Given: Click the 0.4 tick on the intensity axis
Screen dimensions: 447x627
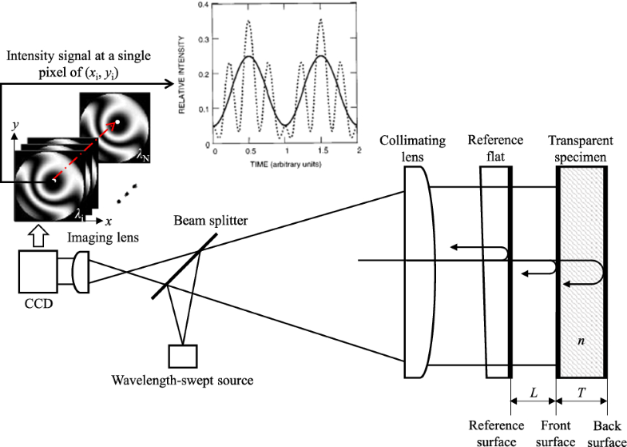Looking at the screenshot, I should [x=204, y=6].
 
